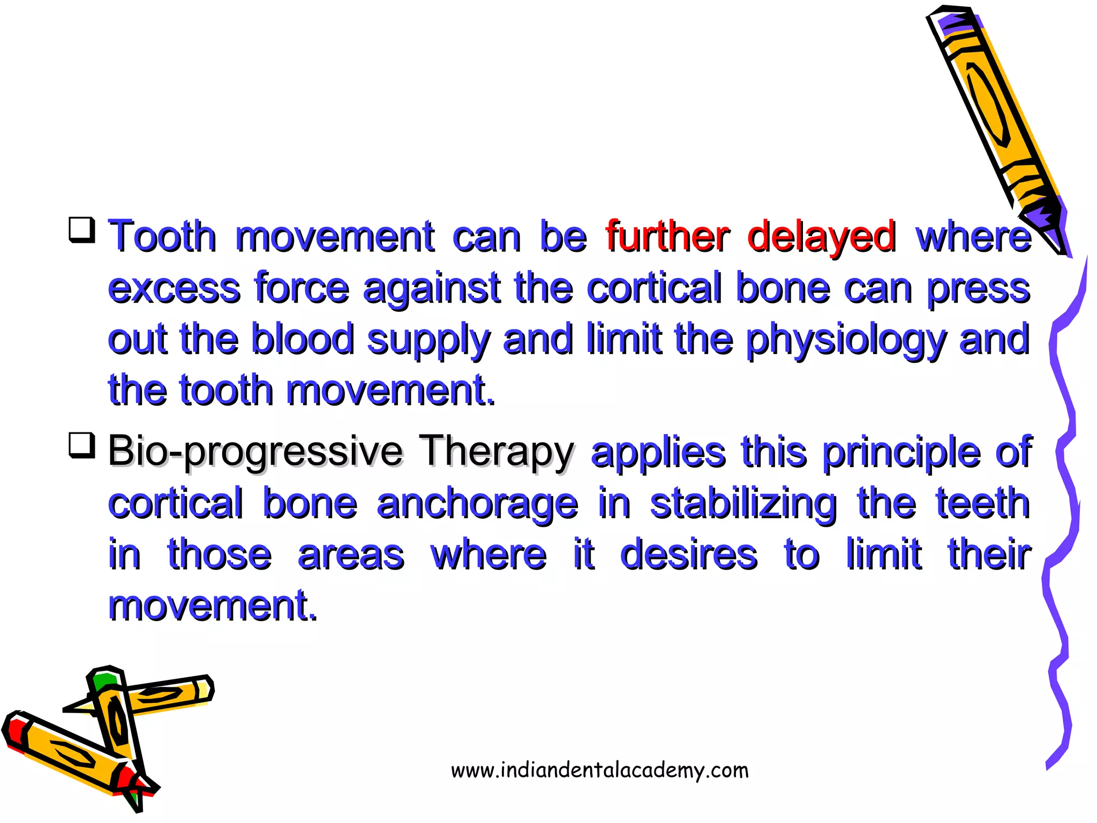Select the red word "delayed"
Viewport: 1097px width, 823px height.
pos(821,237)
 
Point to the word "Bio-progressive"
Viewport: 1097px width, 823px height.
pos(255,452)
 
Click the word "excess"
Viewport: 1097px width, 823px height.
pos(174,289)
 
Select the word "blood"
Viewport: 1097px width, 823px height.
pos(303,339)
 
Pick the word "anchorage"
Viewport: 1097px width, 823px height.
pos(477,505)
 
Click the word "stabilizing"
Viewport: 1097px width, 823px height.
pos(743,505)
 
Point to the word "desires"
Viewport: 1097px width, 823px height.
pos(689,555)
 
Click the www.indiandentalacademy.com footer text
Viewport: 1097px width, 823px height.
pos(600,770)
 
